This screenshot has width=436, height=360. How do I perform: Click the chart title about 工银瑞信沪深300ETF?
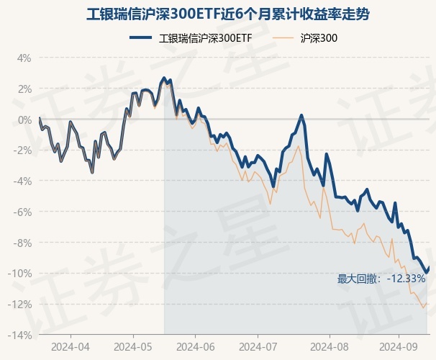point(218,14)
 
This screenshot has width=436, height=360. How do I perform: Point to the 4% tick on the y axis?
point(24,58)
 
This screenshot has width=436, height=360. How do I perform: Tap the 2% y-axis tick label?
point(24,89)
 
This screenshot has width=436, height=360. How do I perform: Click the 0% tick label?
point(24,120)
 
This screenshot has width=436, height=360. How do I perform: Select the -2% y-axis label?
point(22,150)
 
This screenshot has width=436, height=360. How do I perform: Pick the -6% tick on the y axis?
point(22,212)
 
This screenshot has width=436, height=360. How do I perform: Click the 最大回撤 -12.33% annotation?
point(381,279)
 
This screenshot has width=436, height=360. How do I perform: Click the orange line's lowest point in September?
point(423,308)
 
